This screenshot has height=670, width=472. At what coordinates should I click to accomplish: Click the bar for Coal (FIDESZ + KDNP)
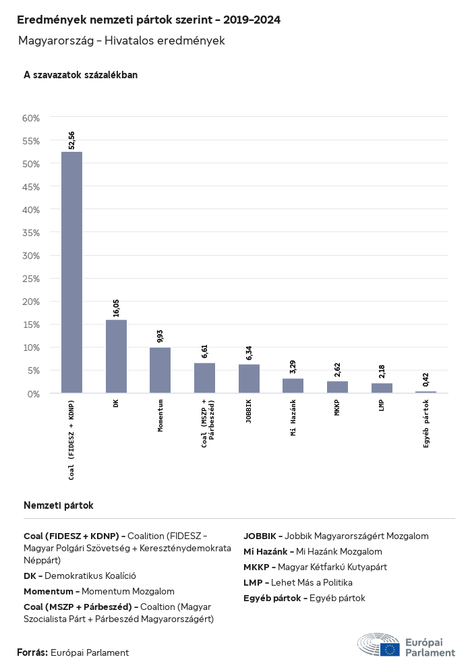(x=71, y=272)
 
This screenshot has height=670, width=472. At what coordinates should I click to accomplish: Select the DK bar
(x=116, y=356)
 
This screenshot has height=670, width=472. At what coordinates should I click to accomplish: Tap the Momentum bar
(x=160, y=370)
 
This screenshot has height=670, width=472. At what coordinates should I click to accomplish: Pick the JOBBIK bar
(x=249, y=379)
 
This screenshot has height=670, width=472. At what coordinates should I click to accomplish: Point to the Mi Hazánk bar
(x=293, y=385)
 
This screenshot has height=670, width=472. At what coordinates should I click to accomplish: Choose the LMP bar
(x=382, y=388)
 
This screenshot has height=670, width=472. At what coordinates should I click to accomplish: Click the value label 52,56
(x=72, y=140)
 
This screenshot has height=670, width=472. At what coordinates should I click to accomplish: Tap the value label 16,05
(x=116, y=308)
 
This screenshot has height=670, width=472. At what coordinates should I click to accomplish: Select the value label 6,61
(x=205, y=351)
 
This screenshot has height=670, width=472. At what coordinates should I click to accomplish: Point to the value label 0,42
(x=426, y=379)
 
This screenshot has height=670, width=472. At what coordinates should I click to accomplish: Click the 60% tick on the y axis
(x=32, y=118)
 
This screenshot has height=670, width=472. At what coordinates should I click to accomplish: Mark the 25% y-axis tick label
(x=32, y=279)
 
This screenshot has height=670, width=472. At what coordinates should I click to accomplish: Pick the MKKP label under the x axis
(x=337, y=408)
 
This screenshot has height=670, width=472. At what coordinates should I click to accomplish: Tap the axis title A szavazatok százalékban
(x=80, y=75)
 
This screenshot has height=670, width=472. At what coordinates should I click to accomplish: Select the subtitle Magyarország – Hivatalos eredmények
(x=121, y=41)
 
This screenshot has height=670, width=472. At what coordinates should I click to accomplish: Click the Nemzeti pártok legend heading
(x=59, y=505)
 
